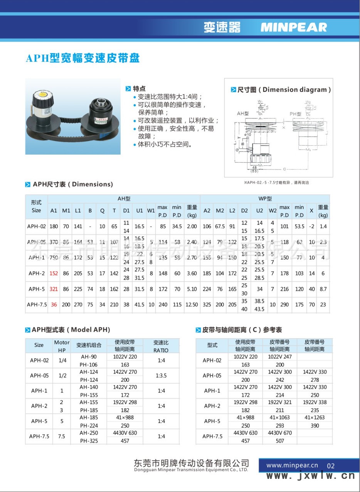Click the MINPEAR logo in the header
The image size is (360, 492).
pos(293,27)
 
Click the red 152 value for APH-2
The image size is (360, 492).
pos(54,273)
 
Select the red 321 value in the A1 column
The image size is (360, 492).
pos(54,289)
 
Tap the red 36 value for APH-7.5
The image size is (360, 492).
pos(54,305)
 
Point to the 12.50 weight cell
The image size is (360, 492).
pos(192,305)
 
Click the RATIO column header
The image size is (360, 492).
pos(161,346)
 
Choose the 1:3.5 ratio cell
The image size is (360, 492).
pos(161,376)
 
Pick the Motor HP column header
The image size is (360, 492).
pos(62,346)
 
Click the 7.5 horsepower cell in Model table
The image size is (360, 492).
pos(62,436)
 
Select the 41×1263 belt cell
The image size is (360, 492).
pos(315,418)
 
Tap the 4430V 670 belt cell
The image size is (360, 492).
pos(280,433)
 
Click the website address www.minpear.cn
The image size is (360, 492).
pos(292,465)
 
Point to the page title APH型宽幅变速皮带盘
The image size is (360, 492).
pos(82,58)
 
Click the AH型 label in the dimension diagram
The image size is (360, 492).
pos(243,113)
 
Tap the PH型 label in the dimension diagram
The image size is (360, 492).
pos(296,114)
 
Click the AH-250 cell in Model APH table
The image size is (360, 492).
pos(89,433)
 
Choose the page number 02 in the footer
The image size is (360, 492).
pos(330,466)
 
